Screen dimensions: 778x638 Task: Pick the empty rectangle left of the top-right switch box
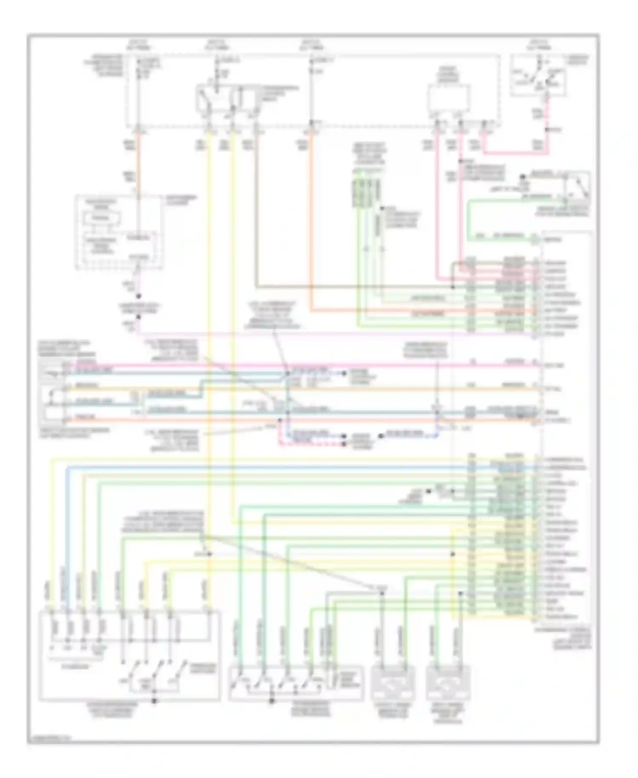[449, 97]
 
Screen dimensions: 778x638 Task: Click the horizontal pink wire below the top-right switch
[515, 153]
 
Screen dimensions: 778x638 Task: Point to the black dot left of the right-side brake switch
[523, 176]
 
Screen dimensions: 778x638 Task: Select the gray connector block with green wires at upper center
[366, 194]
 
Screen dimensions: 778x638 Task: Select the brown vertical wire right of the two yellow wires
[256, 213]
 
